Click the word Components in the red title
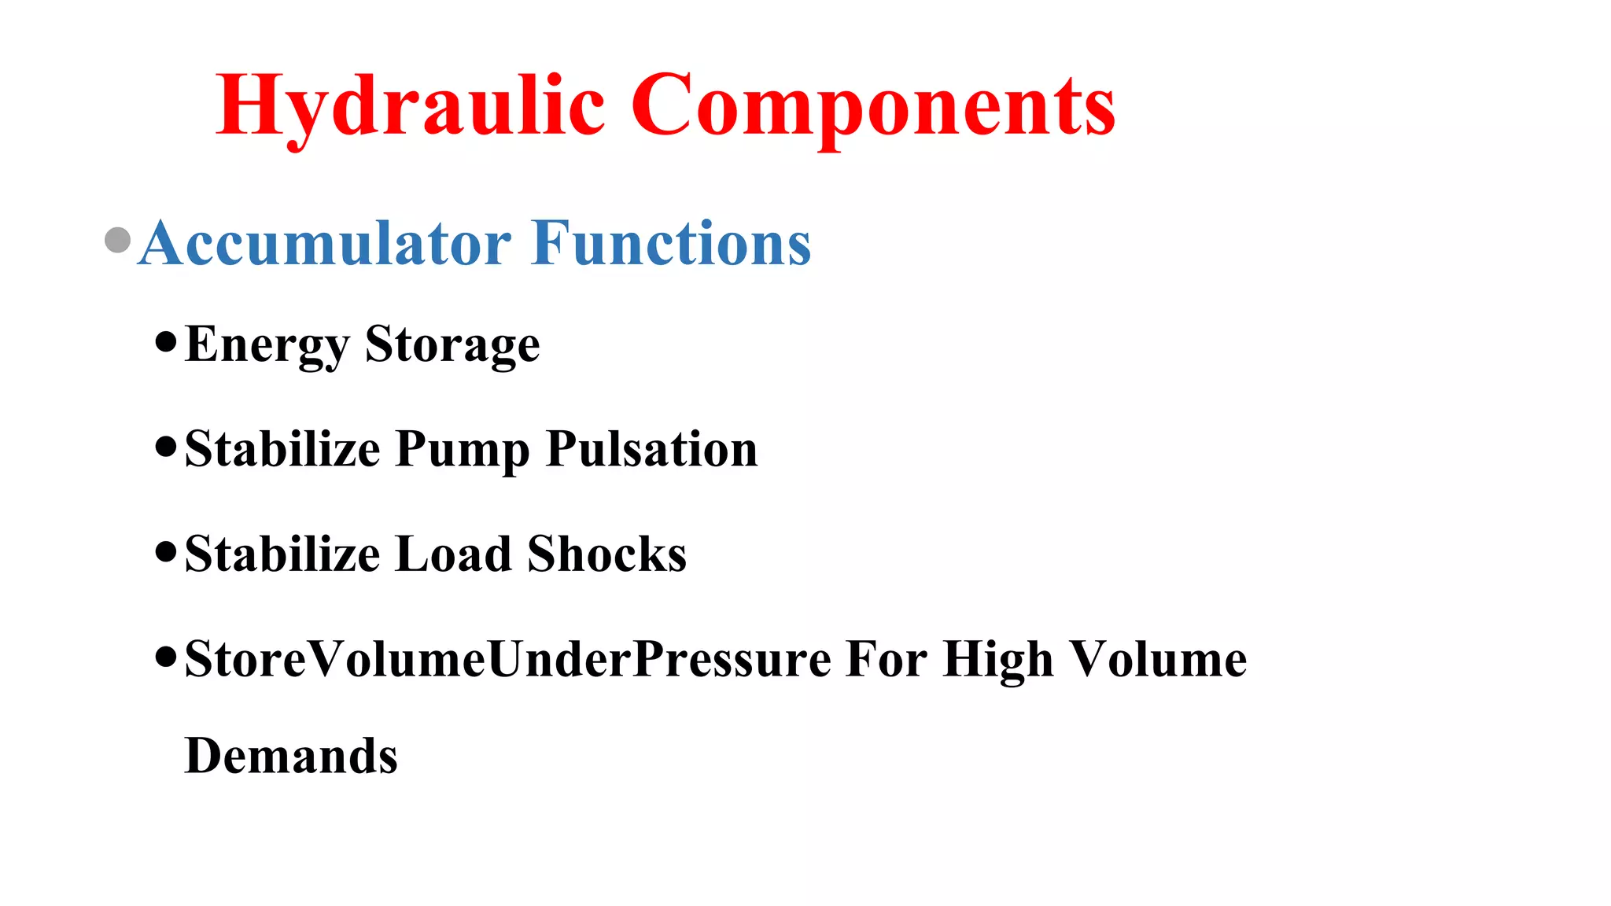tap(873, 106)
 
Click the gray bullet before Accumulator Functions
tap(117, 241)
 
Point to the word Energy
tap(267, 345)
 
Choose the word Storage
tap(452, 345)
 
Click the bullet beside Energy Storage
tap(166, 342)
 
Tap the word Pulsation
tap(651, 450)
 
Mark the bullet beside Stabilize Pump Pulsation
tap(166, 447)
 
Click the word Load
tap(453, 554)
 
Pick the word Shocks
tap(606, 554)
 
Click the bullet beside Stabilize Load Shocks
tap(166, 551)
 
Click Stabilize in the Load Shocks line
tap(282, 554)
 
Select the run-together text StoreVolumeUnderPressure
tap(507, 659)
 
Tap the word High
tap(997, 659)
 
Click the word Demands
tap(291, 757)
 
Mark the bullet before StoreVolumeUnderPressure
tap(166, 656)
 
